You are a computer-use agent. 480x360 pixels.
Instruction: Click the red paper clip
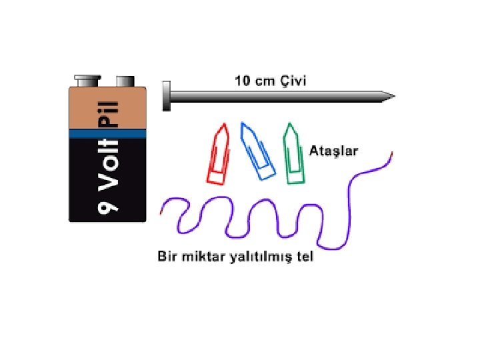point(219,155)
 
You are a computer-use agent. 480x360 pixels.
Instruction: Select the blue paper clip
point(257,152)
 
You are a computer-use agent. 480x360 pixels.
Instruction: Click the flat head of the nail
point(166,95)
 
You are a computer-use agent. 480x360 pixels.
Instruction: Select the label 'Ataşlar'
point(335,151)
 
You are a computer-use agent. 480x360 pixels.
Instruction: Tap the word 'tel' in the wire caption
point(304,257)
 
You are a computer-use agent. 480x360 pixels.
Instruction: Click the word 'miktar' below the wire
point(199,257)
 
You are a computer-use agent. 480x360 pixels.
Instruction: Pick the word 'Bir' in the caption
point(167,257)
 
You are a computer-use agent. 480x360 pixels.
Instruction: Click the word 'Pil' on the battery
point(108,113)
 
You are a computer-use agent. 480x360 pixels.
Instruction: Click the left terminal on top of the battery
point(85,81)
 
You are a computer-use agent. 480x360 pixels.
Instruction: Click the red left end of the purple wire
point(161,211)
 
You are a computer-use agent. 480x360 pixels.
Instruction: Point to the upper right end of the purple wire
point(391,154)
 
